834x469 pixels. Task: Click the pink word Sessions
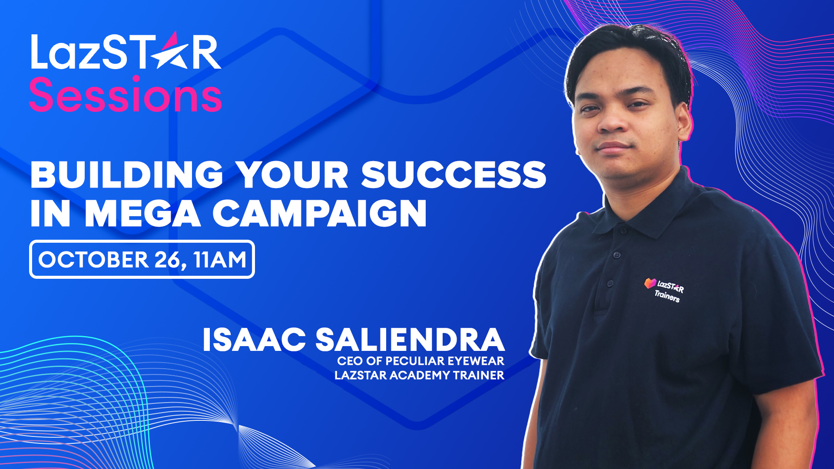(126, 95)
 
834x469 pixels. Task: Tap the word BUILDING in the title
(126, 175)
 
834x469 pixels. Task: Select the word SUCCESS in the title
(453, 175)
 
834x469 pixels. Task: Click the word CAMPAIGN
(319, 214)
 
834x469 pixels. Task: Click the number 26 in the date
(167, 260)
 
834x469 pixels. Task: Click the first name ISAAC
(254, 340)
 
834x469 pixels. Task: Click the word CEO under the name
(350, 361)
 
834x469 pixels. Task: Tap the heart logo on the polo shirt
(650, 283)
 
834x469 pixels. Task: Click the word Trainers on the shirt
(667, 296)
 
